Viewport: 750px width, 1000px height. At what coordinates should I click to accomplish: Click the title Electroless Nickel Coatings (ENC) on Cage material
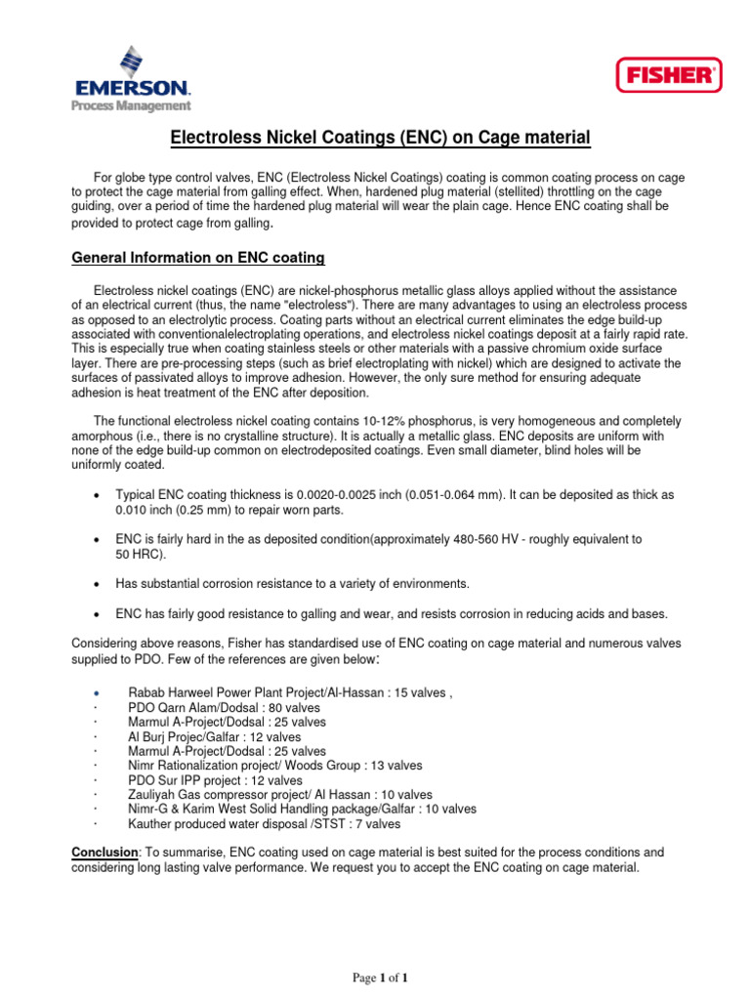click(x=381, y=139)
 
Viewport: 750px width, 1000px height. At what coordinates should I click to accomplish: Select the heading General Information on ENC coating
click(x=198, y=258)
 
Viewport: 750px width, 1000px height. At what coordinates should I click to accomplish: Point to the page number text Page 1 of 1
click(x=380, y=978)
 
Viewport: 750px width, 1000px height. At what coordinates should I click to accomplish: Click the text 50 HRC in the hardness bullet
click(x=140, y=555)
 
